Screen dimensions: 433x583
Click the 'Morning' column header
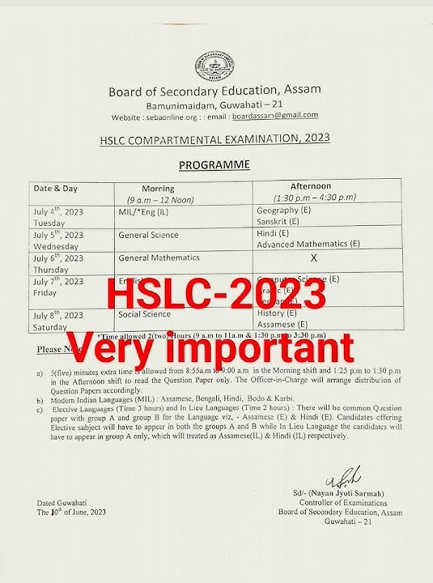[158, 189]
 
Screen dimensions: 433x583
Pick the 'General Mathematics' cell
[159, 257]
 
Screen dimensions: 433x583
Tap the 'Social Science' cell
[144, 313]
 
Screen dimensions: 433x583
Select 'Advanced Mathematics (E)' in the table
[308, 243]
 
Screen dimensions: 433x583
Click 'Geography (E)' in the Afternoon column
[283, 209]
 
